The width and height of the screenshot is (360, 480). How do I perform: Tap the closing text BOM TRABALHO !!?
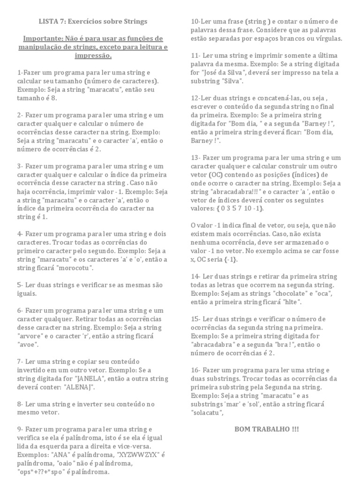click(266, 429)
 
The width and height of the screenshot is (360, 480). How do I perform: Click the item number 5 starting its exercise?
click(19, 285)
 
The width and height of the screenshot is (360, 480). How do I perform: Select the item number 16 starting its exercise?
click(195, 370)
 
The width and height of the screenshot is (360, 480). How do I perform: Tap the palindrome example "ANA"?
click(55, 455)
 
